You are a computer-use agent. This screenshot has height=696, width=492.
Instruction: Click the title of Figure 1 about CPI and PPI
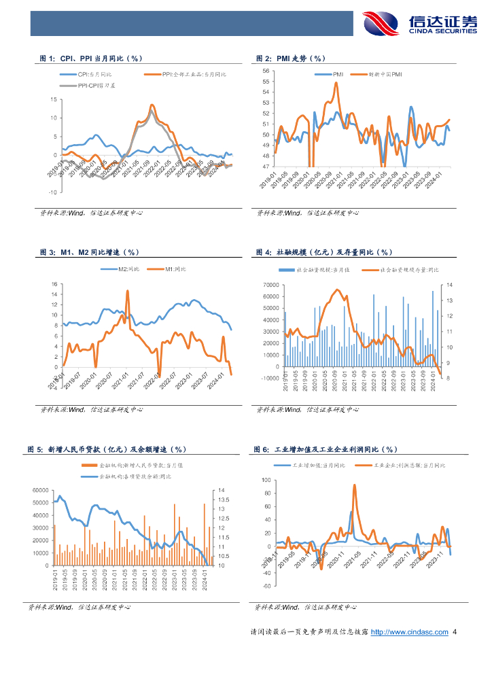(x=91, y=58)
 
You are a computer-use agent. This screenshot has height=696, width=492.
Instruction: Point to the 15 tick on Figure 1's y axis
(x=53, y=99)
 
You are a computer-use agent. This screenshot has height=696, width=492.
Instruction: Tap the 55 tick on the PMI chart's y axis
(x=266, y=81)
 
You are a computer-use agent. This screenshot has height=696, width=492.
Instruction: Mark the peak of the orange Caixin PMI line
(x=336, y=83)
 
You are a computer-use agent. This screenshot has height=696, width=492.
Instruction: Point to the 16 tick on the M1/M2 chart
(x=53, y=283)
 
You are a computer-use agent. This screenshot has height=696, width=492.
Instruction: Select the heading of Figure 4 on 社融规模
(x=325, y=252)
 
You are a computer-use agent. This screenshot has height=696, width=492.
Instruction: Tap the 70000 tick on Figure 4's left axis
(x=270, y=285)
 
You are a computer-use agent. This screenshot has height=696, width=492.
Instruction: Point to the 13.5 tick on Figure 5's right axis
(x=224, y=500)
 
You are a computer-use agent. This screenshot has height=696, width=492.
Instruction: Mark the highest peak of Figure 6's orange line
(x=354, y=485)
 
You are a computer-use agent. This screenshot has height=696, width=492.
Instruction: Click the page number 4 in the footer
(x=455, y=632)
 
